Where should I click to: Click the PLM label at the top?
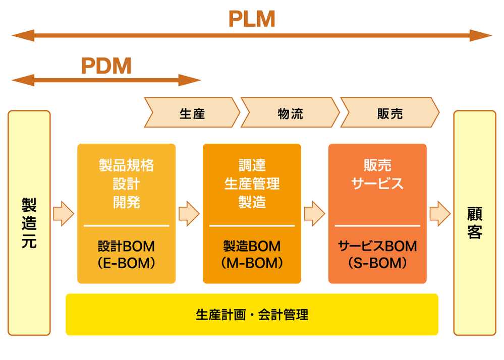(252, 19)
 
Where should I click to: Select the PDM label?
(106, 66)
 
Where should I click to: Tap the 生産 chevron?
(192, 113)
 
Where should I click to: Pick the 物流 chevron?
(290, 113)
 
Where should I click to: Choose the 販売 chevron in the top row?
(389, 113)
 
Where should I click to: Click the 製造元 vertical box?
(29, 223)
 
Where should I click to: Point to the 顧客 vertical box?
(474, 223)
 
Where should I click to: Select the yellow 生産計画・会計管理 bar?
(252, 315)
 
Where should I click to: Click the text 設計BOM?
(126, 247)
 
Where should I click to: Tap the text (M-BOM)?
(252, 263)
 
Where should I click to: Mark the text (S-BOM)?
(377, 263)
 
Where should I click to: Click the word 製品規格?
(126, 165)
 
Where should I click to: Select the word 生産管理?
(252, 184)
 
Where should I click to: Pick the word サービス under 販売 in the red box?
(377, 184)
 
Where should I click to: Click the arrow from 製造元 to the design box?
(64, 213)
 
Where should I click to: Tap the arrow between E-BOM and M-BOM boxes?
(189, 213)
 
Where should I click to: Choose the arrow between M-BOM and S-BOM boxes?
(314, 213)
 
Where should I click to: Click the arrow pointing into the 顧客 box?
(440, 213)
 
